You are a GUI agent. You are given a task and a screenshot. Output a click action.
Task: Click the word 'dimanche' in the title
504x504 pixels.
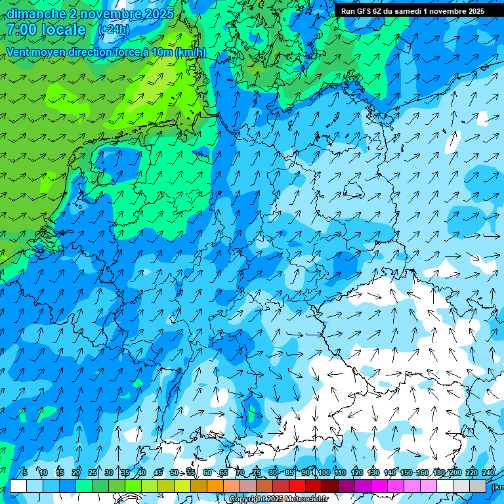point(36,14)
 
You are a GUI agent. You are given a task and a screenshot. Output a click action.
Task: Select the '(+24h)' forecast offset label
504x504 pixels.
point(114,30)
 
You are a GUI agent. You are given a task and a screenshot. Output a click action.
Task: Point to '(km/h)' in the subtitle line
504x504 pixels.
point(190,52)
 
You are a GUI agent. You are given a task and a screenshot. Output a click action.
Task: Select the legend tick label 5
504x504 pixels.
point(25,472)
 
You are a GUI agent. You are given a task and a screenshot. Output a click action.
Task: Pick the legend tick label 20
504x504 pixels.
point(75,472)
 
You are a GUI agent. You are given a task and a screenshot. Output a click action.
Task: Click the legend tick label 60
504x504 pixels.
point(207,472)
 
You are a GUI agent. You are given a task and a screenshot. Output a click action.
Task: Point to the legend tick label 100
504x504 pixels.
point(324,472)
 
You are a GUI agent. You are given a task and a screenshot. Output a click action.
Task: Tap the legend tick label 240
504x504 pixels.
point(488,472)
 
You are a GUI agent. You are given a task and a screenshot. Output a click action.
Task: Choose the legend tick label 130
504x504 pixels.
point(373,472)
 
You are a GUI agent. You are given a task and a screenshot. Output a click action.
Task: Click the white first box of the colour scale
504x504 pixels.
point(18,486)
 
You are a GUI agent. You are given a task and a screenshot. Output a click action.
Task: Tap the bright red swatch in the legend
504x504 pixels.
point(297,486)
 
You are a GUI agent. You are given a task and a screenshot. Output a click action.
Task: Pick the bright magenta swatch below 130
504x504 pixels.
point(379,486)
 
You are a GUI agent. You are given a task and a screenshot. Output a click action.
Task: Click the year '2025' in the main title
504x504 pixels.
point(159,14)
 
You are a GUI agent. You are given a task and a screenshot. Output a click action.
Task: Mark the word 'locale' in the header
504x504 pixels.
point(64,30)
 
